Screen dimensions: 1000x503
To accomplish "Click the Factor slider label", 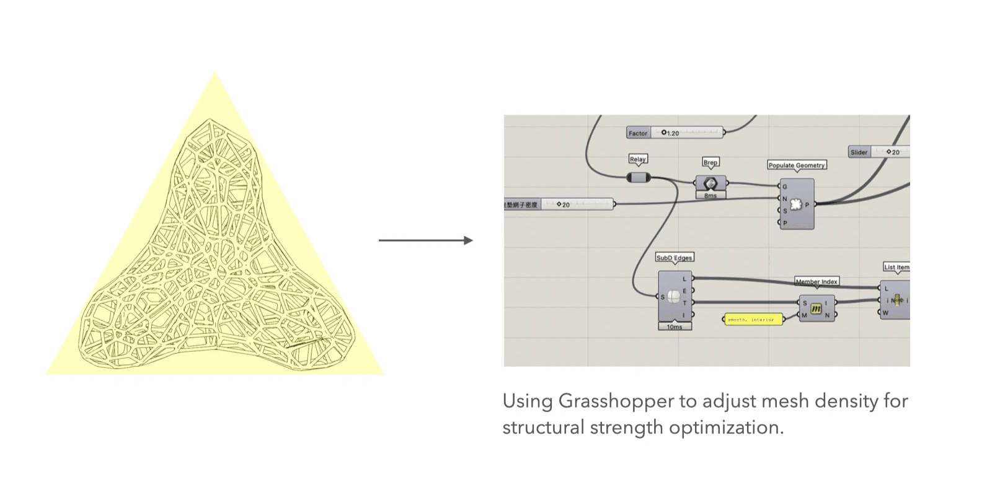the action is pos(637,133).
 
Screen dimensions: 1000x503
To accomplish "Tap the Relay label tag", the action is pos(637,159).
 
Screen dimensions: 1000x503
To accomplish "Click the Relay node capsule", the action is pos(638,178).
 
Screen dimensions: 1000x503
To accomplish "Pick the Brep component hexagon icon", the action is pos(710,183).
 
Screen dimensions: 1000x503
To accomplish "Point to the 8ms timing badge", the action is pos(710,196).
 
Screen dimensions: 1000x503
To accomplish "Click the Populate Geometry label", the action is pos(797,165).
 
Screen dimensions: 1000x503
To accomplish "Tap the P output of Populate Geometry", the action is pos(807,204).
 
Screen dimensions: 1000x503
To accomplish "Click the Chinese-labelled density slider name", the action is pos(522,204).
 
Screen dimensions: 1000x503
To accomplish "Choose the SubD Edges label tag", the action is pos(675,258).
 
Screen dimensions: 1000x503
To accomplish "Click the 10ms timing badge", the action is pos(675,326).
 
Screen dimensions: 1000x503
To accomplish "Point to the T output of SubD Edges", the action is pos(685,303).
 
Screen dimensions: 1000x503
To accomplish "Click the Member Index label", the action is pos(816,282).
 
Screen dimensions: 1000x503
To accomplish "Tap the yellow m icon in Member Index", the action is pos(816,308).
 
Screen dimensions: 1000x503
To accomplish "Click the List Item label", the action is pos(896,268).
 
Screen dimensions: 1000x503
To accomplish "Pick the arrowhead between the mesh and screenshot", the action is pos(469,240).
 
